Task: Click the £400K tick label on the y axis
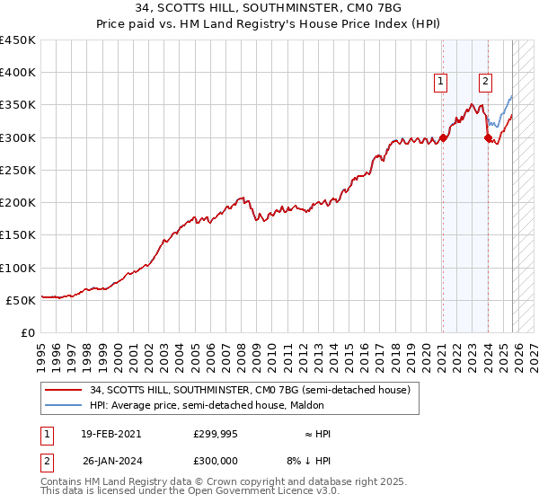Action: pyautogui.click(x=18, y=73)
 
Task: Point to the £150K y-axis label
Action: pyautogui.click(x=18, y=235)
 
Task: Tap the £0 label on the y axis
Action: pyautogui.click(x=27, y=332)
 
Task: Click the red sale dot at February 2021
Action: pyautogui.click(x=444, y=138)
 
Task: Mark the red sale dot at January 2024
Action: pyautogui.click(x=488, y=137)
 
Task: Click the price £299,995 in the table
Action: pyautogui.click(x=214, y=434)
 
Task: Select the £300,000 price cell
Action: pyautogui.click(x=214, y=461)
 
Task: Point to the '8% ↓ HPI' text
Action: pyautogui.click(x=308, y=461)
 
